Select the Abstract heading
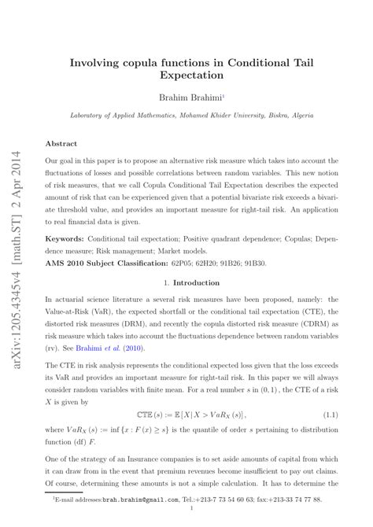click(x=61, y=144)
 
